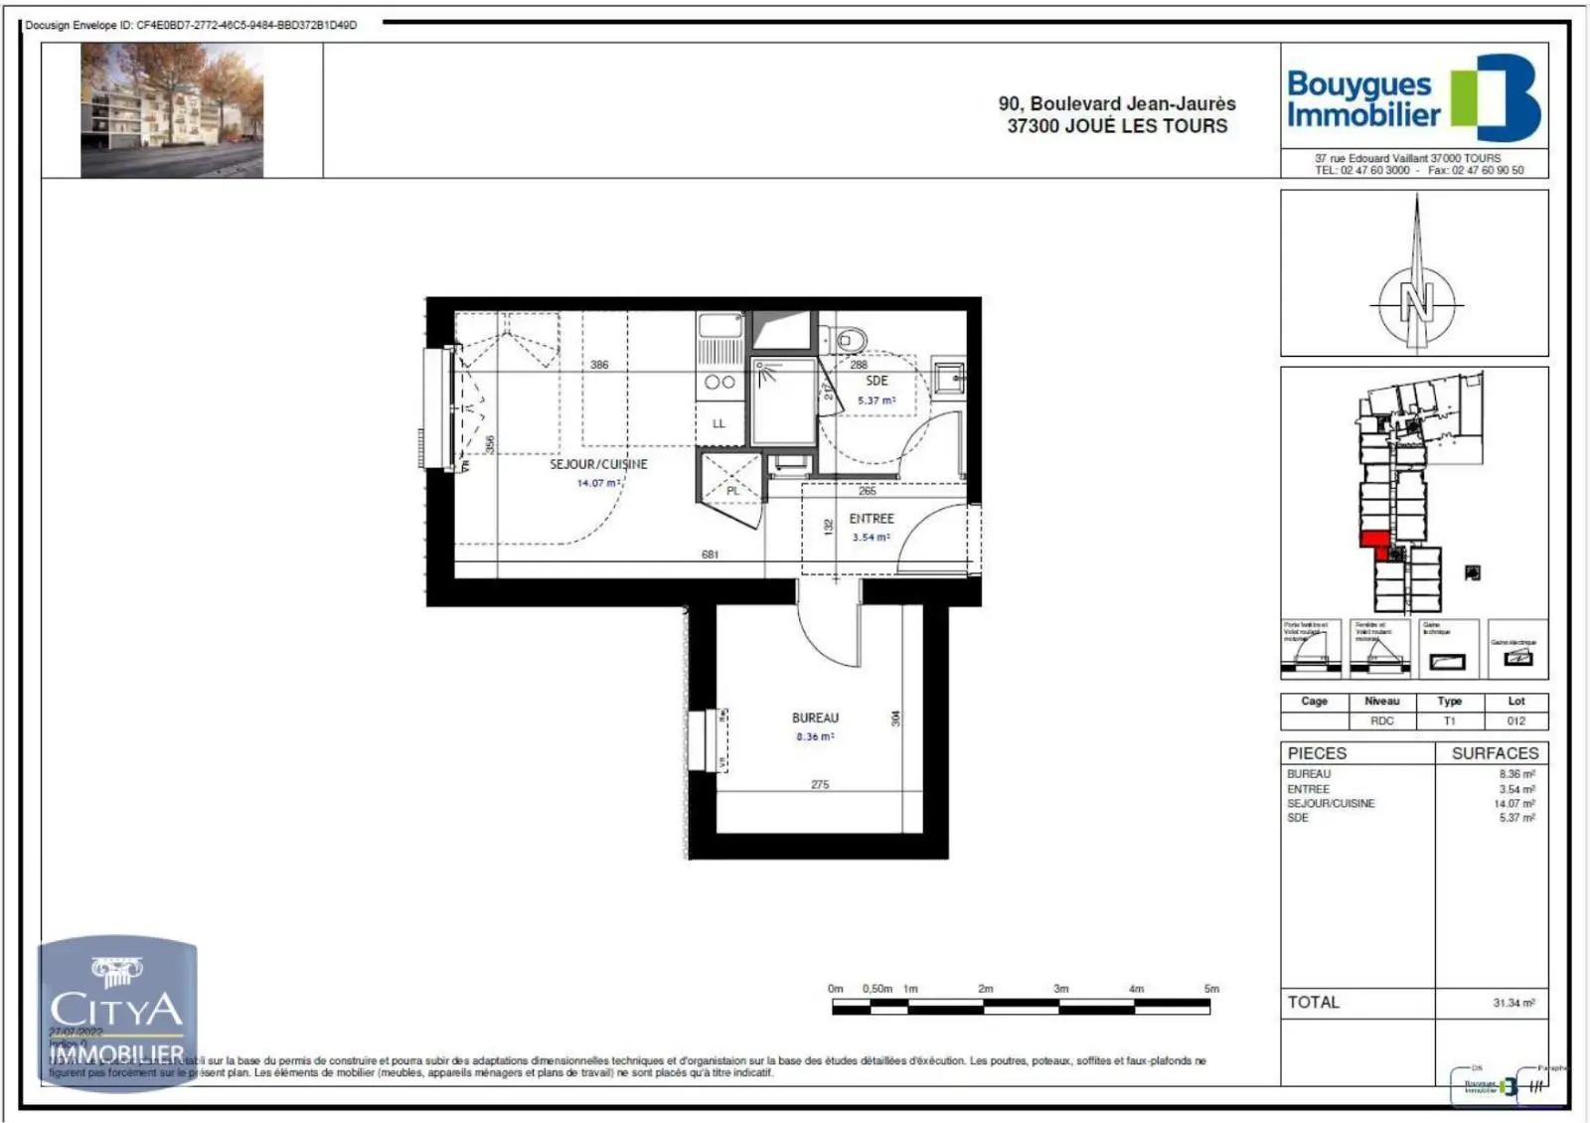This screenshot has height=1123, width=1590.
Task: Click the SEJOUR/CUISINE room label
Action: (x=598, y=464)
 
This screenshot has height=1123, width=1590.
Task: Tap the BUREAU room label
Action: (x=815, y=718)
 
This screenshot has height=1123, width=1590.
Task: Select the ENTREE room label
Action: (x=871, y=519)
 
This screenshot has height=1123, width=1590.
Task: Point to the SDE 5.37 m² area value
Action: (x=876, y=401)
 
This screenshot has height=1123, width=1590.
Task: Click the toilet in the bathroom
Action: (x=847, y=340)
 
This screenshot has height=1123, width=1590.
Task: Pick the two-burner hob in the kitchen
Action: (x=719, y=382)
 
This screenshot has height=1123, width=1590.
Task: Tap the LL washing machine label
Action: (x=718, y=423)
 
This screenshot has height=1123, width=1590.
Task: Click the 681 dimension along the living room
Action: (x=710, y=555)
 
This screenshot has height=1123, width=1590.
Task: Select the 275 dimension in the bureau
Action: (x=819, y=785)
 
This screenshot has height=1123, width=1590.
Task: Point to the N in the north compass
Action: (x=1416, y=301)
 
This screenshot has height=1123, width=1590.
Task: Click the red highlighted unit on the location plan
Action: (x=1374, y=540)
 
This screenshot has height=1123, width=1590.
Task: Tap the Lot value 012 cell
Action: (x=1515, y=721)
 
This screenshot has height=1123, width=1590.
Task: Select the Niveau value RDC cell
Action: (x=1381, y=721)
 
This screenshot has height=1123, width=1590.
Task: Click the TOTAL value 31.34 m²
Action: (x=1512, y=1003)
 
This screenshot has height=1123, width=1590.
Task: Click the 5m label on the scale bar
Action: (x=1210, y=989)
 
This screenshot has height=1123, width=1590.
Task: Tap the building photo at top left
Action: (x=172, y=110)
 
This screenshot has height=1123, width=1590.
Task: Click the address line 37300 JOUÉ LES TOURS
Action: (x=1117, y=126)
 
